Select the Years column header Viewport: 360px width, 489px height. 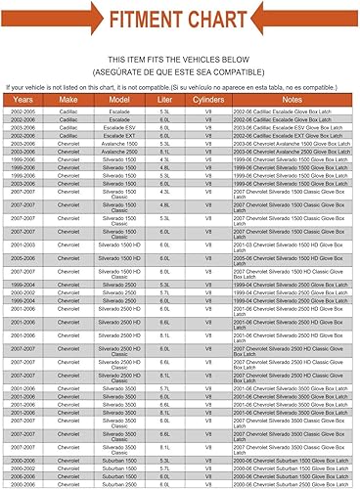pyautogui.click(x=22, y=100)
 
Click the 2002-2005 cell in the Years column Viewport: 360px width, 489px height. pyautogui.click(x=22, y=112)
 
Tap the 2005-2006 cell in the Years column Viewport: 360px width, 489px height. pyautogui.click(x=22, y=260)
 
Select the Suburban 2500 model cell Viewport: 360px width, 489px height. pyautogui.click(x=120, y=483)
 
